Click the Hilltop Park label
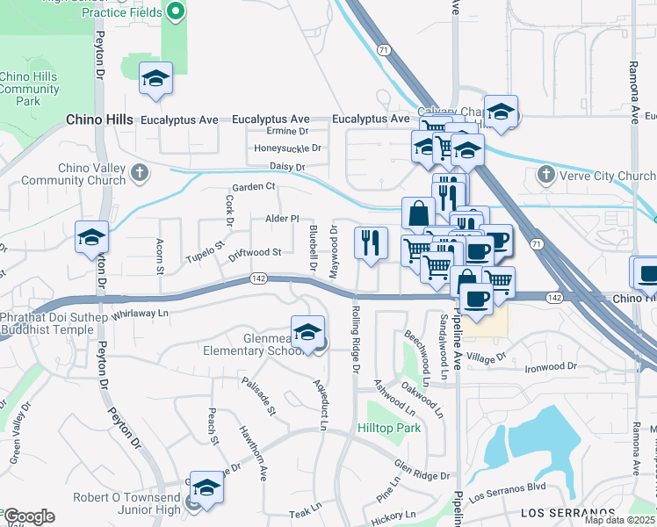(x=389, y=429)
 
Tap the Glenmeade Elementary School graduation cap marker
(x=307, y=334)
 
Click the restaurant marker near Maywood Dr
(x=371, y=242)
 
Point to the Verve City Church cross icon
(x=545, y=176)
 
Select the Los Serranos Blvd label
(x=508, y=487)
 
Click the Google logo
(x=29, y=516)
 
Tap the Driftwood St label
(x=254, y=252)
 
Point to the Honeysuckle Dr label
(x=288, y=148)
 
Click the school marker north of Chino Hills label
(x=155, y=79)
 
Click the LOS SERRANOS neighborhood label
(x=567, y=512)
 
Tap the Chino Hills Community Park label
(x=30, y=90)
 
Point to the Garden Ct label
(x=253, y=186)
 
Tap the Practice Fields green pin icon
(x=175, y=11)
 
